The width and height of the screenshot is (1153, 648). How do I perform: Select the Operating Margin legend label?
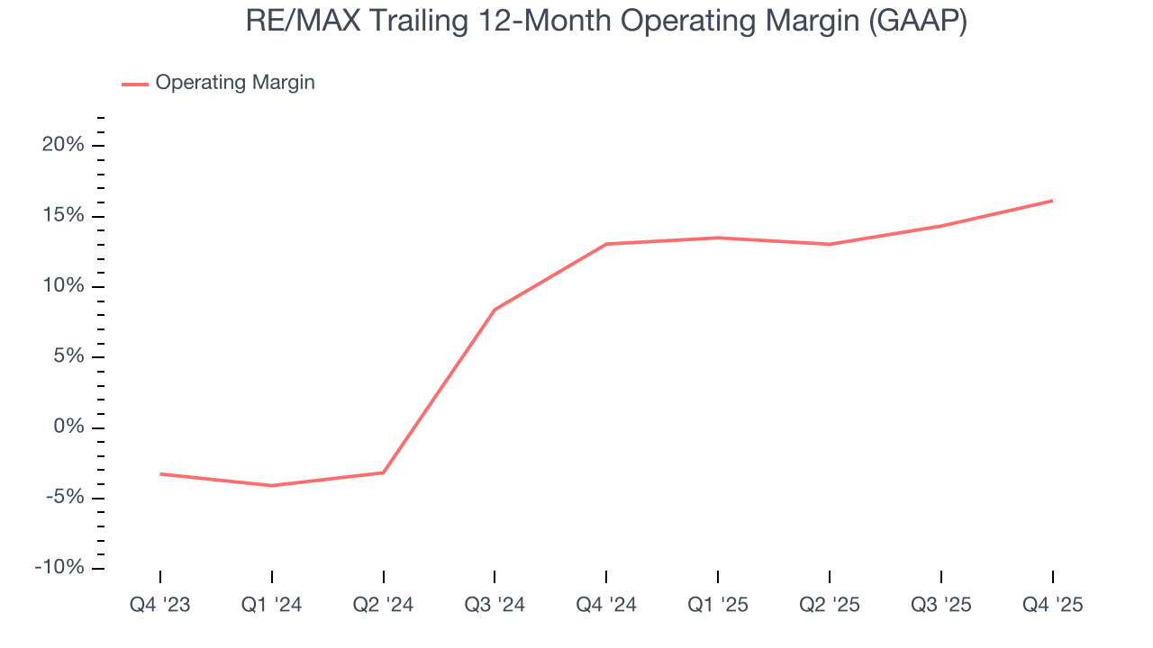pos(235,83)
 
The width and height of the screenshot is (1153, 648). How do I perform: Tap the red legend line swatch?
pos(135,84)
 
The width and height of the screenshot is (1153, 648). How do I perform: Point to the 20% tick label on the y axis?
pos(63,145)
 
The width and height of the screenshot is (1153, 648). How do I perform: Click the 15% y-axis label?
pos(63,216)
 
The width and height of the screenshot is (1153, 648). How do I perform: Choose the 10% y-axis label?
pos(63,286)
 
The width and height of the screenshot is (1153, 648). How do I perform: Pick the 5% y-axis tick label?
pos(68,356)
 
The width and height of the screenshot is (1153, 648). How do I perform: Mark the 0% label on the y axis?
pos(68,427)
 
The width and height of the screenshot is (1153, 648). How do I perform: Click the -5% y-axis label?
pos(64,498)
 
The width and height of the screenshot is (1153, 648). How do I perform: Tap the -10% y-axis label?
pos(59,568)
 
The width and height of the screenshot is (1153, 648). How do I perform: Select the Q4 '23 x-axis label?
pos(160,605)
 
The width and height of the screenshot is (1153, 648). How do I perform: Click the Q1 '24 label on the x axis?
pos(271,605)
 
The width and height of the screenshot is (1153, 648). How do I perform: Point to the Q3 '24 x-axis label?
pos(495,605)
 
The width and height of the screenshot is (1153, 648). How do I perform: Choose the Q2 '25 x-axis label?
pos(830,605)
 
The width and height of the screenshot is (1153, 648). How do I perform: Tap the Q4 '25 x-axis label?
pos(1053,605)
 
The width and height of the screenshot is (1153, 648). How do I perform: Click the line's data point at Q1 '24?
pos(271,486)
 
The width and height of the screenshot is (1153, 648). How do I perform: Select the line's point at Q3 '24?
pos(495,310)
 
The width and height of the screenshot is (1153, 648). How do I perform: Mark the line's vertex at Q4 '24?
pos(606,244)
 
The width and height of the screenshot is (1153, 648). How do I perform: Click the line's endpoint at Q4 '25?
pos(1053,201)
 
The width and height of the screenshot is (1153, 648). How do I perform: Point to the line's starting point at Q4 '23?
pos(160,473)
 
